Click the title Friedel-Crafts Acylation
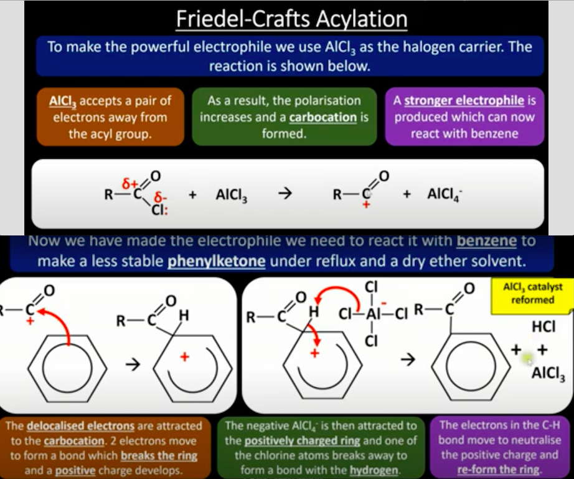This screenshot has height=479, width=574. (292, 19)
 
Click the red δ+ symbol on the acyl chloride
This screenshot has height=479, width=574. (129, 183)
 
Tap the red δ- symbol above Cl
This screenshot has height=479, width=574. (161, 197)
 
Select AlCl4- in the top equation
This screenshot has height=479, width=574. (444, 194)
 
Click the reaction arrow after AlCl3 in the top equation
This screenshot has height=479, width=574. (285, 193)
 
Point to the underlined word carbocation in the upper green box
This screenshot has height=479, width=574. (323, 117)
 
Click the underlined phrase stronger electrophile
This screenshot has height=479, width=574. (464, 100)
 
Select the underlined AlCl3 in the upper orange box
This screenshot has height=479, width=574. (63, 101)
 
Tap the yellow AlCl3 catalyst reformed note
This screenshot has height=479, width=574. (532, 294)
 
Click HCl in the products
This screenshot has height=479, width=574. (543, 326)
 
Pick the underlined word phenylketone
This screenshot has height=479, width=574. (217, 261)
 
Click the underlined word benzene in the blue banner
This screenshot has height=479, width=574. (487, 241)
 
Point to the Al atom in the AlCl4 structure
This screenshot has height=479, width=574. (372, 314)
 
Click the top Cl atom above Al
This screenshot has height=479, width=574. (371, 287)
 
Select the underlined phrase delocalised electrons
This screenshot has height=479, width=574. (81, 426)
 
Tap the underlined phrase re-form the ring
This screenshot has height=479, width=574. (499, 470)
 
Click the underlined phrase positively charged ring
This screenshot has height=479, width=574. (303, 440)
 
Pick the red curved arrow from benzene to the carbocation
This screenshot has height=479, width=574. (60, 319)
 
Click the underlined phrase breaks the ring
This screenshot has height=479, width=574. (159, 455)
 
